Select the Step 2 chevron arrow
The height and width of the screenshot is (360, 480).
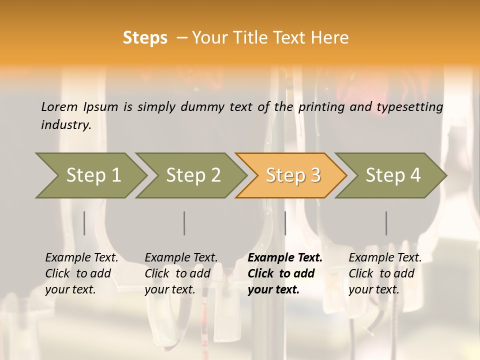[193, 175]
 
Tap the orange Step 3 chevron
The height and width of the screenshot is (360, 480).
[293, 175]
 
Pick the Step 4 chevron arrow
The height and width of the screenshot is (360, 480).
[393, 175]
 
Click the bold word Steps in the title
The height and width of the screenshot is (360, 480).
[145, 38]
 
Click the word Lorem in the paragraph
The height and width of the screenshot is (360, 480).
[59, 107]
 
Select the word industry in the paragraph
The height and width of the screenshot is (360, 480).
[65, 125]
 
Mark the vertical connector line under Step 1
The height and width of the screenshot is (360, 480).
[84, 223]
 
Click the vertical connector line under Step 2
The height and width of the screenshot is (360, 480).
[184, 223]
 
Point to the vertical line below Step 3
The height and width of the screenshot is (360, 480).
[285, 223]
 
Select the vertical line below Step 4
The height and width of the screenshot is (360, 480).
[386, 223]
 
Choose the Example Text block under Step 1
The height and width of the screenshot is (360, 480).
[81, 273]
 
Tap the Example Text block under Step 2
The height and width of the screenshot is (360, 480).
[181, 273]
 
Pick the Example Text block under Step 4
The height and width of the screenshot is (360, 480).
[385, 273]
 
